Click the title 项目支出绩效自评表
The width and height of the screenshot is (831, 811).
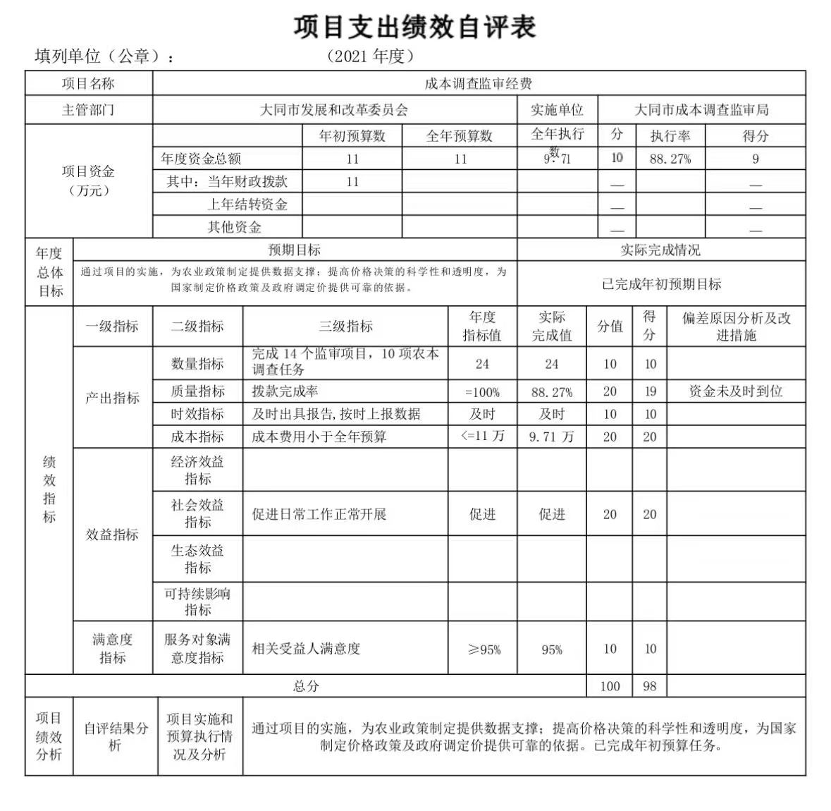pyautogui.click(x=415, y=26)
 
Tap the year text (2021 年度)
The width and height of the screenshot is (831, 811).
pyautogui.click(x=371, y=56)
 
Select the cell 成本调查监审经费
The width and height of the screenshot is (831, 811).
pyautogui.click(x=479, y=83)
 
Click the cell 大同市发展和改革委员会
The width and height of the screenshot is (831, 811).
pyautogui.click(x=334, y=110)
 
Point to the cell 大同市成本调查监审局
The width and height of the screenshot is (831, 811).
pyautogui.click(x=701, y=110)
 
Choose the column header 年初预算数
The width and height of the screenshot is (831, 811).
pyautogui.click(x=352, y=135)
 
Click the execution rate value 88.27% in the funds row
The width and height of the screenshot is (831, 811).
pyautogui.click(x=670, y=159)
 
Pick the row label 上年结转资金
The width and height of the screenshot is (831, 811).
pyautogui.click(x=247, y=205)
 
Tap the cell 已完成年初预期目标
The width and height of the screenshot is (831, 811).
pyautogui.click(x=661, y=284)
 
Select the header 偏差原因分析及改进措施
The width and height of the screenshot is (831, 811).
pyautogui.click(x=736, y=327)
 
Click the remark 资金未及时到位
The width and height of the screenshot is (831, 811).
pyautogui.click(x=736, y=391)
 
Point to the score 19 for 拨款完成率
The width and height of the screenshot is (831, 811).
pyautogui.click(x=650, y=391)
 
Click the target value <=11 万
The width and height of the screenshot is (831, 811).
pyautogui.click(x=482, y=436)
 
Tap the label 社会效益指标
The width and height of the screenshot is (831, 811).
pyautogui.click(x=197, y=513)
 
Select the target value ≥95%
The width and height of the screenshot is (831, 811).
pyautogui.click(x=484, y=650)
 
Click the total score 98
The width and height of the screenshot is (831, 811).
pyautogui.click(x=650, y=686)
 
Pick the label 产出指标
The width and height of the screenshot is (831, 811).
pyautogui.click(x=113, y=398)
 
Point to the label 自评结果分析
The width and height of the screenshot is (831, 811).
pyautogui.click(x=116, y=736)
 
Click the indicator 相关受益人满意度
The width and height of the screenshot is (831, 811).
pyautogui.click(x=306, y=648)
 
